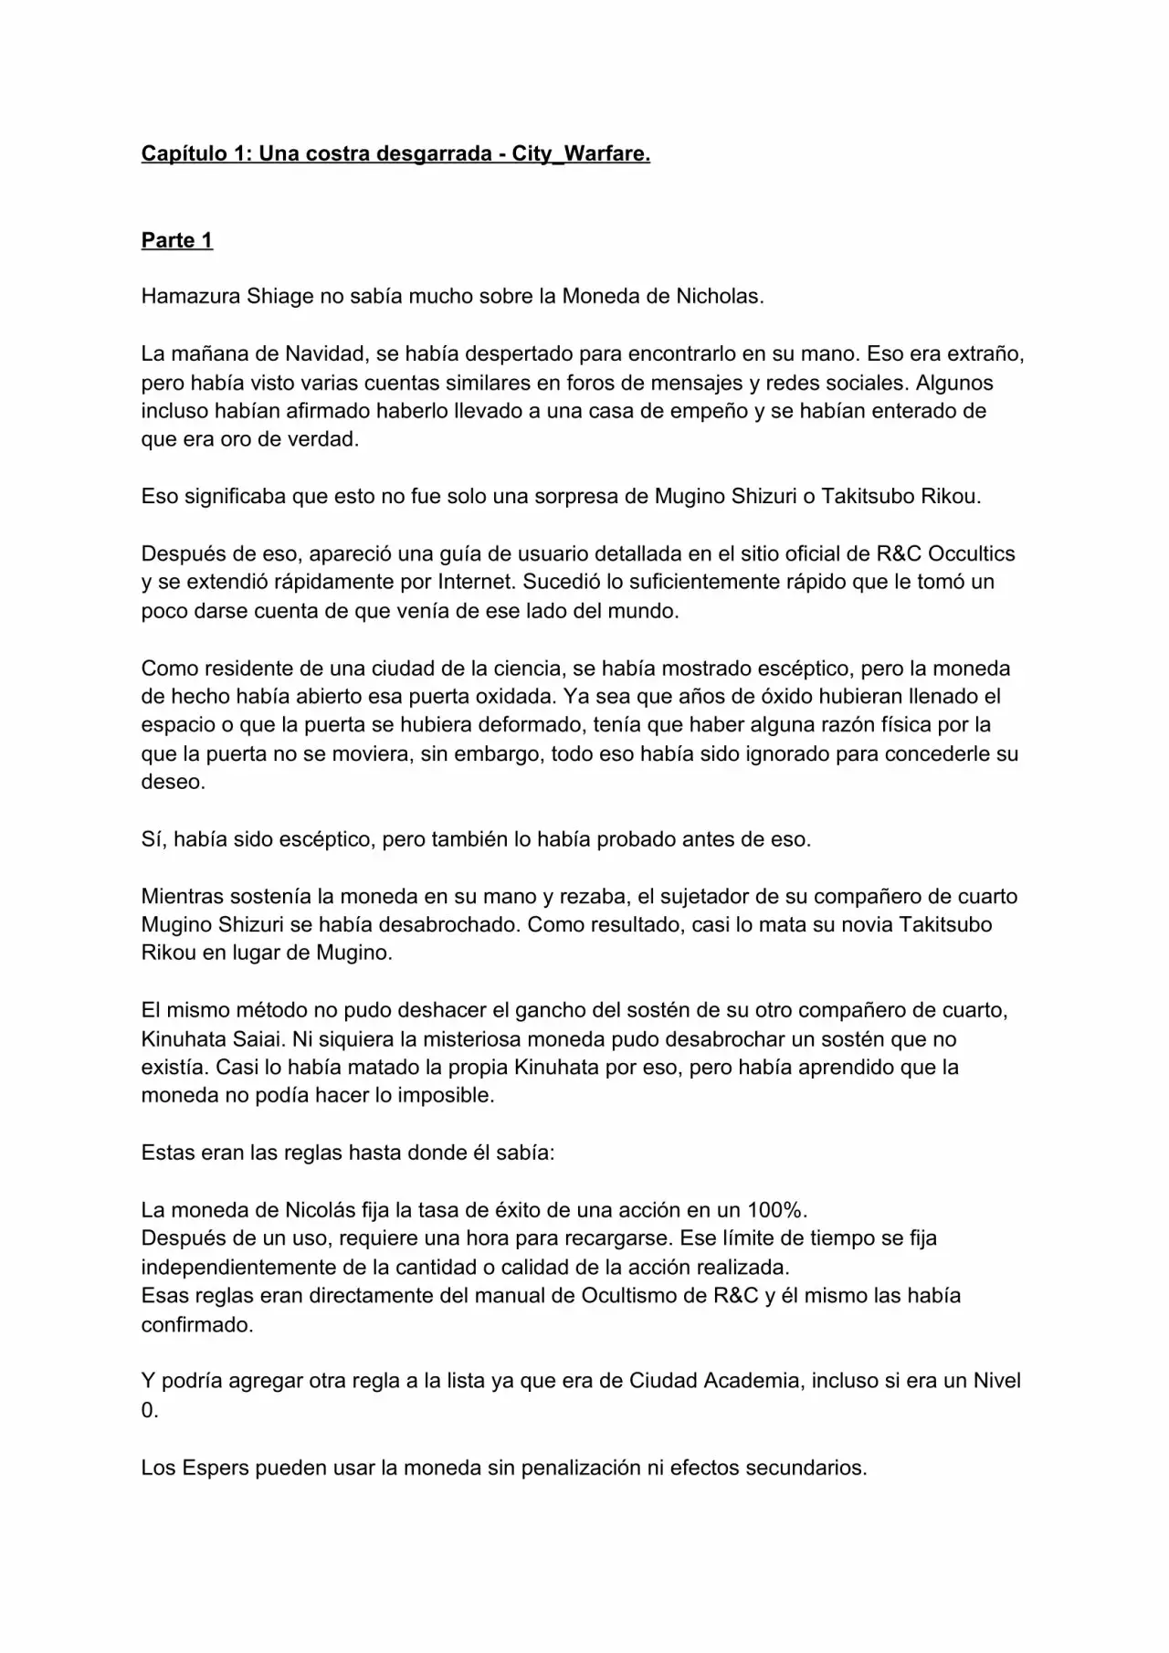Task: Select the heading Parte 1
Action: pyautogui.click(x=176, y=240)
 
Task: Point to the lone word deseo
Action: pyautogui.click(x=172, y=782)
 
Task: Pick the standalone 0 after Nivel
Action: pyautogui.click(x=149, y=1410)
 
